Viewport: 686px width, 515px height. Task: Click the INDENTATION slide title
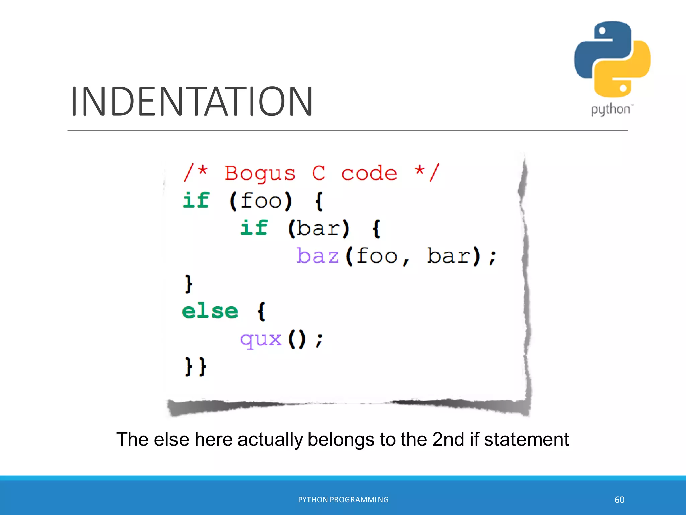click(x=192, y=101)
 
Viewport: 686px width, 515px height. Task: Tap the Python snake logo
click(x=612, y=59)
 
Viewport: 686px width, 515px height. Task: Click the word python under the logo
click(x=611, y=110)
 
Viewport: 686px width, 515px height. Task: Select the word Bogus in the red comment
click(x=260, y=173)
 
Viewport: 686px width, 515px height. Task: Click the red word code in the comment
click(x=369, y=173)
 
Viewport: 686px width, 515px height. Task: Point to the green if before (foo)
click(x=196, y=201)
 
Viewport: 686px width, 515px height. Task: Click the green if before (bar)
click(x=254, y=228)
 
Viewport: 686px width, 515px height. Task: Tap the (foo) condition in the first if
click(x=261, y=201)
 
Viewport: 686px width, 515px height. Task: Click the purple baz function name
click(x=318, y=256)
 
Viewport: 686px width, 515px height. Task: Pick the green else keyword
click(x=210, y=311)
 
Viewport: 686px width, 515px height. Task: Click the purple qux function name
click(x=261, y=339)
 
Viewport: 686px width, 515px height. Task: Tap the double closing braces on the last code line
click(x=196, y=366)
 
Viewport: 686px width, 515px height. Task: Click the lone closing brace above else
click(x=189, y=284)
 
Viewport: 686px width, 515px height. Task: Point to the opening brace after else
click(x=261, y=311)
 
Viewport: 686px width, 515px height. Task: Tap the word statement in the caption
click(x=526, y=439)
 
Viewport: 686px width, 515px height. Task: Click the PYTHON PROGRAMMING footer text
click(x=343, y=500)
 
